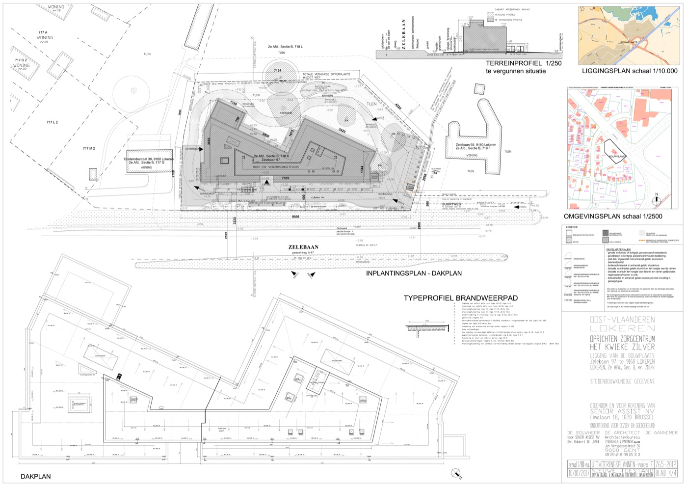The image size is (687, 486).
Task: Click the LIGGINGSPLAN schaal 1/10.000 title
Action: [x=630, y=71]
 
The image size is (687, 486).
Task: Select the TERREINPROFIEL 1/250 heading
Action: [x=524, y=63]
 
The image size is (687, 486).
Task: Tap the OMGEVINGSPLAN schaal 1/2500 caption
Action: [x=612, y=216]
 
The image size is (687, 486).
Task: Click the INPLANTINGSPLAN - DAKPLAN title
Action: [x=414, y=273]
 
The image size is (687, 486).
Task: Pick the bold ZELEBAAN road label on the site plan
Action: [x=303, y=247]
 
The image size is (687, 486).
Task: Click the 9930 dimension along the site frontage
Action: [x=295, y=216]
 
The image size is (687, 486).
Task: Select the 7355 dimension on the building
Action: [x=286, y=178]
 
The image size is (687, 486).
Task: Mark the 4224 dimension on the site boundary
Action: [x=398, y=106]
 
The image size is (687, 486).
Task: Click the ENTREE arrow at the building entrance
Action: [x=266, y=183]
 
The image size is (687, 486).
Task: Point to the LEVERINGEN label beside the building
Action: [x=192, y=148]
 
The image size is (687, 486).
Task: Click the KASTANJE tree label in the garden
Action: [x=286, y=113]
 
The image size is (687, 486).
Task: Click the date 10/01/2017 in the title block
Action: [x=579, y=473]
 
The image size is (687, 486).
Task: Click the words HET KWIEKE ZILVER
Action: [x=622, y=347]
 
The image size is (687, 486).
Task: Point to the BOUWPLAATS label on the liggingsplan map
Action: [x=629, y=42]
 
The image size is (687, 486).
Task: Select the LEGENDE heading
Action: [x=572, y=227]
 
